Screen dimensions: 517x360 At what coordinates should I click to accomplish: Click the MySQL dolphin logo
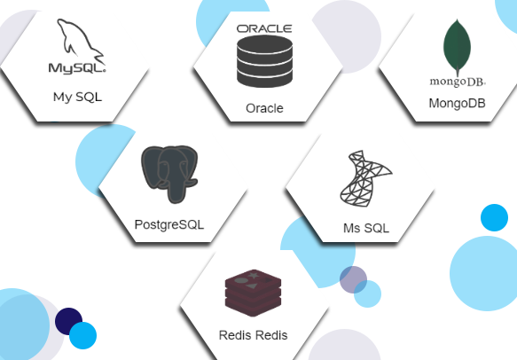point(81,41)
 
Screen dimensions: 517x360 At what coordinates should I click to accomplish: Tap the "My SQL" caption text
point(77,98)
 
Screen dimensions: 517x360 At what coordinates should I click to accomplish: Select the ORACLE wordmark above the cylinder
point(264,28)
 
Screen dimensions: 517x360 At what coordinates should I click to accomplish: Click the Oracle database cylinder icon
point(264,61)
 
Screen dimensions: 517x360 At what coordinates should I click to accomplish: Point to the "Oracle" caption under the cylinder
point(264,108)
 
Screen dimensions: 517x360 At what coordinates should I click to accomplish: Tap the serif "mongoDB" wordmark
point(458,82)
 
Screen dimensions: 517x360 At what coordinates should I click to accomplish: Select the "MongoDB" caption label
point(457,103)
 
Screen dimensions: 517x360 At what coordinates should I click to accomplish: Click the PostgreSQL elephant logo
point(169,174)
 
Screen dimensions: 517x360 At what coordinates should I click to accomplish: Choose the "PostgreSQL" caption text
point(169,224)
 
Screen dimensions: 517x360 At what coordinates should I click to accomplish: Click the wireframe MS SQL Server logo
point(366,179)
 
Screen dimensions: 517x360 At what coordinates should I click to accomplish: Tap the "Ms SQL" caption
point(366,228)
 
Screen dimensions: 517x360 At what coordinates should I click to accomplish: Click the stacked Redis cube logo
point(253,293)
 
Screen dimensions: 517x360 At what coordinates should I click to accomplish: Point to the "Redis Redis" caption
point(254,335)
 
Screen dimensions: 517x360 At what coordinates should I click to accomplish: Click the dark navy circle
point(68,321)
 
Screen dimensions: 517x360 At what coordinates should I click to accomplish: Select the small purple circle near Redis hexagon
point(353,279)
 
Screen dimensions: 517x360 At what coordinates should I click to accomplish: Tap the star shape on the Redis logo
point(254,275)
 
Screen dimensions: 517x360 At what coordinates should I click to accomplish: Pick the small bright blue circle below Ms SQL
point(368,293)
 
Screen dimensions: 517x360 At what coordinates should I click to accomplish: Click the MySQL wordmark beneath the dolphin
point(77,68)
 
